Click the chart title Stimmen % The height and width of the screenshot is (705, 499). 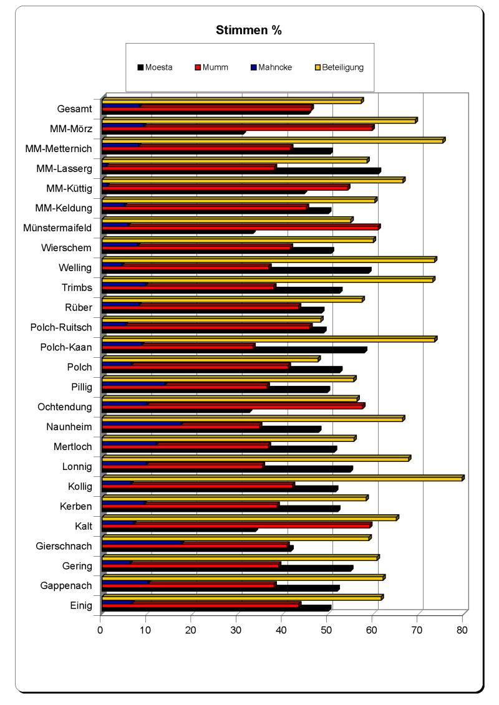click(x=249, y=30)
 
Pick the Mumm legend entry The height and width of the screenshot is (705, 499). click(x=215, y=67)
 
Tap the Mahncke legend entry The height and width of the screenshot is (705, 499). click(x=274, y=67)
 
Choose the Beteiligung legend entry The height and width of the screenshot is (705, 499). click(x=342, y=67)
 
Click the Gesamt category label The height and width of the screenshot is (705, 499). click(x=74, y=108)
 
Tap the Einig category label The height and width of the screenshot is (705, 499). click(x=81, y=605)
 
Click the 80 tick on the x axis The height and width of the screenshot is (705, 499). click(x=462, y=630)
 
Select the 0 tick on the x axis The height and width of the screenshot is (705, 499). click(x=100, y=630)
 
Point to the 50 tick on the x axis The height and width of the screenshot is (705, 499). click(x=326, y=630)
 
